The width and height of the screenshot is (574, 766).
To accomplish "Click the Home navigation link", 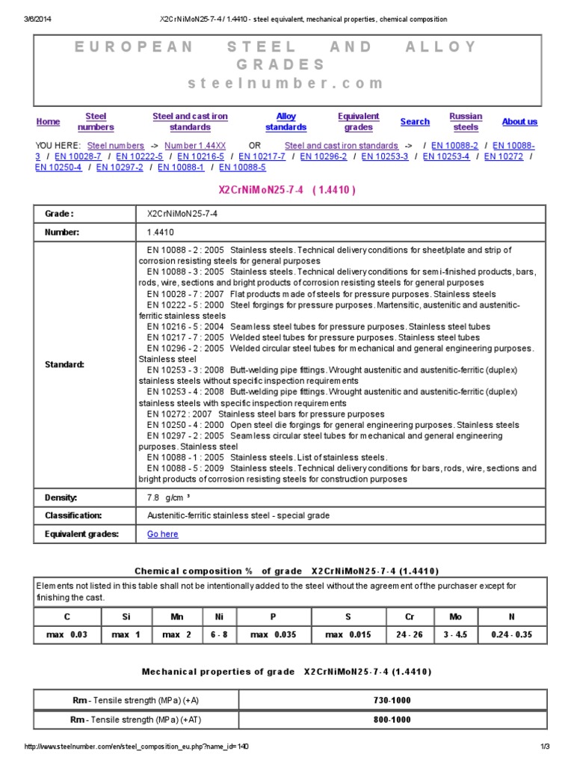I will pyautogui.click(x=48, y=122).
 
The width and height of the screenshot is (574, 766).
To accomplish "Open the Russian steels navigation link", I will pyautogui.click(x=466, y=122).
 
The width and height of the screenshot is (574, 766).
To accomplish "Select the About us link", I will pyautogui.click(x=519, y=122).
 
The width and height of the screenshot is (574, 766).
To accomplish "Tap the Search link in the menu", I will pyautogui.click(x=415, y=122).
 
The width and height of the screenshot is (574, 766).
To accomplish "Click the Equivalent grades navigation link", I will pyautogui.click(x=358, y=122).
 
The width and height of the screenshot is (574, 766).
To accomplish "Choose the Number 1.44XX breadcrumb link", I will pyautogui.click(x=195, y=145).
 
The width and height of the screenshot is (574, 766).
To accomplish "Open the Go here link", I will pyautogui.click(x=162, y=534).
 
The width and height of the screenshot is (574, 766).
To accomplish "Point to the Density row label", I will pyautogui.click(x=61, y=497).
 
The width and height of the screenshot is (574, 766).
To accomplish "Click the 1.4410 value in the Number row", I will pyautogui.click(x=160, y=233).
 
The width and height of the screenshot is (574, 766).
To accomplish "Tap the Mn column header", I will pyautogui.click(x=176, y=616).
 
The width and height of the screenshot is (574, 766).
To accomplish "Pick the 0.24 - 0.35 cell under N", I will pyautogui.click(x=512, y=635).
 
